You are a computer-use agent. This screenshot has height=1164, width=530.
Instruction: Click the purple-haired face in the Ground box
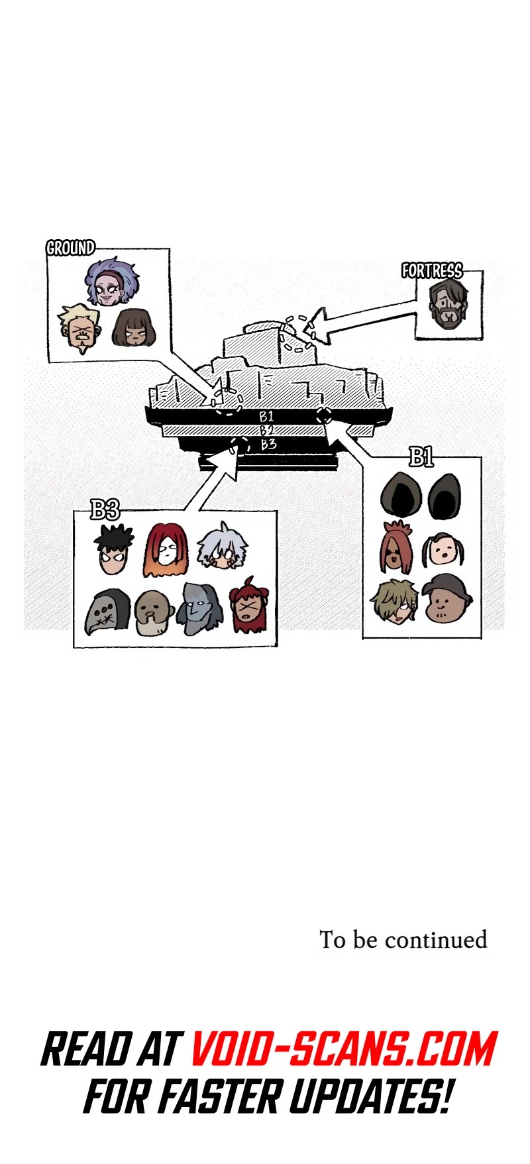[x=111, y=282]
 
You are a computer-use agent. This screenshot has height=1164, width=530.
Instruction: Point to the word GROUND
[x=70, y=248]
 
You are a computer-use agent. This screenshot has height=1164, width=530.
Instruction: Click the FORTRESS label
[x=432, y=270]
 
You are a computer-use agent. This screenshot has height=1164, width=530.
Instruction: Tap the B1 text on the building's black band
[x=266, y=417]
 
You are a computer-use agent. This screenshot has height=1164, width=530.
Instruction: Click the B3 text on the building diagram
[x=268, y=444]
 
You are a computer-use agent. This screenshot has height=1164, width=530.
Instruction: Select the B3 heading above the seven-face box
[x=105, y=509]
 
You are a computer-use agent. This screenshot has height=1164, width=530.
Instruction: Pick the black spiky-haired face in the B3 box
[x=114, y=551]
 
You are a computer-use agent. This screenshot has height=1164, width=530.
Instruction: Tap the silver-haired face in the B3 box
[x=222, y=547]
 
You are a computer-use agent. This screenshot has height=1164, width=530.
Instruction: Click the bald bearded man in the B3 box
[x=154, y=613]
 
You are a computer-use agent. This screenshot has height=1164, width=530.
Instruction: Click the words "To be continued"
[x=403, y=939]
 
